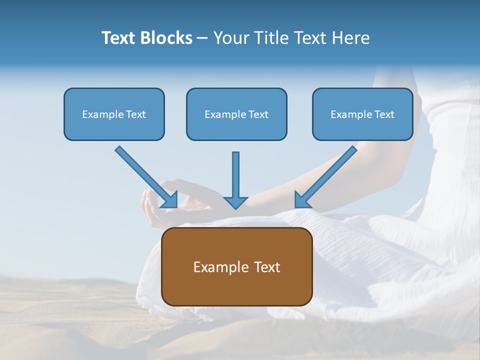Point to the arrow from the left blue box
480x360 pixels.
(145, 175)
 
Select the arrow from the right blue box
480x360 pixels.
(327, 175)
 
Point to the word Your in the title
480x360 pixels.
(230, 38)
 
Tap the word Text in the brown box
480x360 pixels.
(265, 267)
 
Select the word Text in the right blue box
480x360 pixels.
(384, 114)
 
